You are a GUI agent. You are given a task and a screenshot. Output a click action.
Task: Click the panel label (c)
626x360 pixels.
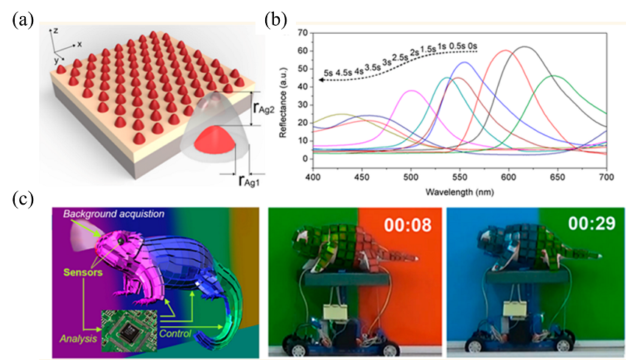pyautogui.click(x=21, y=198)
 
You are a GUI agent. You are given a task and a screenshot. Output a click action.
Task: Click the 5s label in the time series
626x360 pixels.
pyautogui.click(x=328, y=73)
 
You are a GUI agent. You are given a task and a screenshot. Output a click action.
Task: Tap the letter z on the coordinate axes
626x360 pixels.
pyautogui.click(x=52, y=30)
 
